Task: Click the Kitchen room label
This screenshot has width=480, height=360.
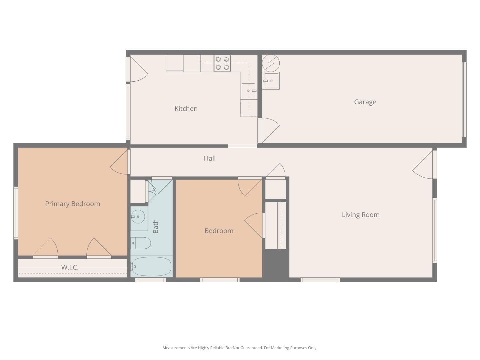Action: pyautogui.click(x=186, y=109)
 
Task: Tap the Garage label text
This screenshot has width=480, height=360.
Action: pyautogui.click(x=365, y=102)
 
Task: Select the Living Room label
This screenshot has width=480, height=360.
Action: pyautogui.click(x=360, y=215)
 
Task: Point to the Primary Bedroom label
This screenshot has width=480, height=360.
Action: pyautogui.click(x=72, y=204)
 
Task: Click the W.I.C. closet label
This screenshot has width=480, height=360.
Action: pyautogui.click(x=70, y=267)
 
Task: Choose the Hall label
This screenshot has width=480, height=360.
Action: pyautogui.click(x=209, y=158)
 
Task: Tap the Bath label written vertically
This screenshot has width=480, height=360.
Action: pyautogui.click(x=156, y=226)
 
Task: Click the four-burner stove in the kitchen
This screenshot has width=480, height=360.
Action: pyautogui.click(x=222, y=63)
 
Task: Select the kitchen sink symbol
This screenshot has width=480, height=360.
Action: pyautogui.click(x=248, y=91)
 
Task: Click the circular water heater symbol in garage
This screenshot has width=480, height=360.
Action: pyautogui.click(x=271, y=63)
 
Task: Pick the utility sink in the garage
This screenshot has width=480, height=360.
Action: pyautogui.click(x=271, y=81)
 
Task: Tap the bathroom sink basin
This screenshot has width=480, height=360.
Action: pyautogui.click(x=138, y=217)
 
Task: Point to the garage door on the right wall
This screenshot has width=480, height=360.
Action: pyautogui.click(x=464, y=100)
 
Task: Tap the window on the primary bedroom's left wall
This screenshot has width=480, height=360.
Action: pyautogui.click(x=16, y=213)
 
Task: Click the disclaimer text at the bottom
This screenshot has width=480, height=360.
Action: pyautogui.click(x=240, y=348)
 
